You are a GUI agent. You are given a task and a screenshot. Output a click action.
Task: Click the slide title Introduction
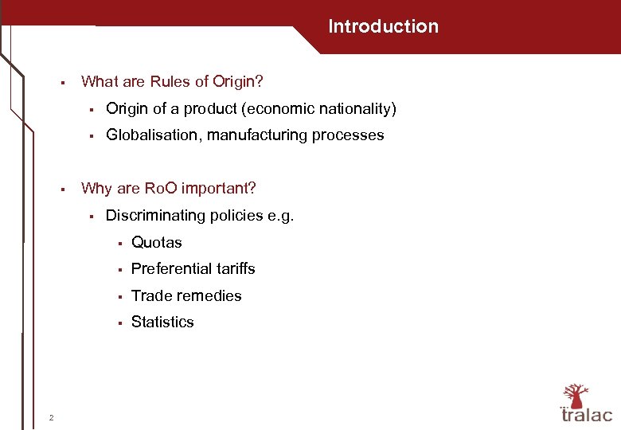383,26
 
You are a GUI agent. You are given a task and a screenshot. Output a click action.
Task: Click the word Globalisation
154,135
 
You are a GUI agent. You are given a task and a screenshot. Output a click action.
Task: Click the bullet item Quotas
157,242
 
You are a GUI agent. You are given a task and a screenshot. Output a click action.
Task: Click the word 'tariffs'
234,269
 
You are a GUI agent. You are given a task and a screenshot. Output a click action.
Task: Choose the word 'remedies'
211,295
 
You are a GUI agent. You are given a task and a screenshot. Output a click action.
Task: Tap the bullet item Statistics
162,322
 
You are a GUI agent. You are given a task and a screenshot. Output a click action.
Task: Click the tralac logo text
587,415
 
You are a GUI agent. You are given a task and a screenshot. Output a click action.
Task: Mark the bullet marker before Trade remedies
118,296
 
